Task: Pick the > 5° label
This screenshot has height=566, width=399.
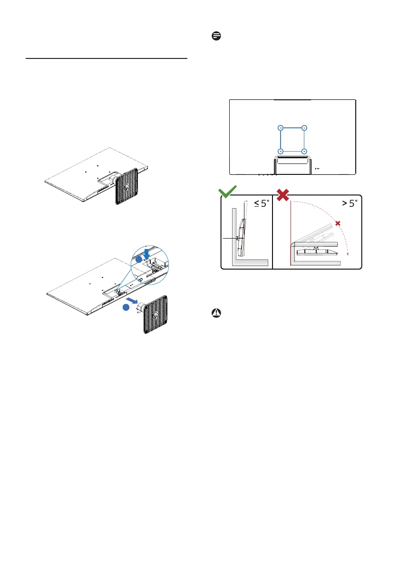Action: [x=345, y=203]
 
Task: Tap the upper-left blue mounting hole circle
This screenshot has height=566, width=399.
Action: [x=281, y=128]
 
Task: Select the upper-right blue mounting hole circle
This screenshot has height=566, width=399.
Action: [x=304, y=128]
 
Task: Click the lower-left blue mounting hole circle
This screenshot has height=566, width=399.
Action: [x=281, y=151]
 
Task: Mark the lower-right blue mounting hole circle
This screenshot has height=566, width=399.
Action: [x=304, y=151]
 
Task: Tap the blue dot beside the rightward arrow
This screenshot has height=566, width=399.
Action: [x=126, y=307]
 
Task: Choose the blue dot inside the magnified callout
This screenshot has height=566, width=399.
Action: [x=137, y=259]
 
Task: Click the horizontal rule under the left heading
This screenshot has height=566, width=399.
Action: [x=107, y=59]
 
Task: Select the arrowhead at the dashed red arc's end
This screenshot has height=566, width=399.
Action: [x=348, y=254]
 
